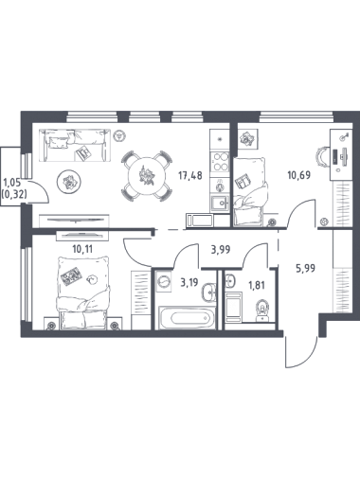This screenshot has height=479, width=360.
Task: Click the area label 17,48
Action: click(190, 175)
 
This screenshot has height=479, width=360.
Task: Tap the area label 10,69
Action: click(299, 174)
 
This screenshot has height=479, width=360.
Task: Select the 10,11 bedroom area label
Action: click(82, 249)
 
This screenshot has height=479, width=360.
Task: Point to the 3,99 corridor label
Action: click(221, 250)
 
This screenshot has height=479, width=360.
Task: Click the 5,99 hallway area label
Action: click(305, 269)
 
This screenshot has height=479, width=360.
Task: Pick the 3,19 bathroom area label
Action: click(189, 282)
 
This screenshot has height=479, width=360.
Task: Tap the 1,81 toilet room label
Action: click(257, 286)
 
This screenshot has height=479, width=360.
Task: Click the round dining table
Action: click(147, 176)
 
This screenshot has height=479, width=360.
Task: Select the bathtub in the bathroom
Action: click(186, 317)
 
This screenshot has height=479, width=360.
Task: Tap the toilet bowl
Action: click(261, 310)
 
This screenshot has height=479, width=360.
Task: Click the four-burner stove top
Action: click(221, 162)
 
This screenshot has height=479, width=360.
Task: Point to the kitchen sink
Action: click(221, 204)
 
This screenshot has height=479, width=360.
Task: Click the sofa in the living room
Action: click(75, 145)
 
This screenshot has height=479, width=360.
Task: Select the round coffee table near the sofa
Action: click(69, 182)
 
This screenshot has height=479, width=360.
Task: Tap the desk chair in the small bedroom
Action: click(323, 157)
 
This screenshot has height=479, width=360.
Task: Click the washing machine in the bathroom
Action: click(163, 281)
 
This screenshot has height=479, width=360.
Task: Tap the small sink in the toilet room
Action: click(230, 281)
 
